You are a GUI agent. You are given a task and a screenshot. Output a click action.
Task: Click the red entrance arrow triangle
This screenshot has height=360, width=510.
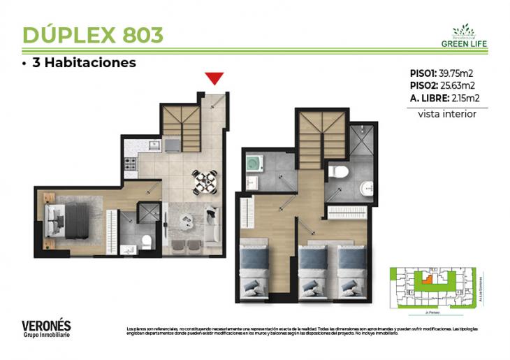pyautogui.click(x=214, y=78)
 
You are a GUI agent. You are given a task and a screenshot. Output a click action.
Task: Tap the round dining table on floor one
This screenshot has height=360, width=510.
pyautogui.click(x=205, y=182)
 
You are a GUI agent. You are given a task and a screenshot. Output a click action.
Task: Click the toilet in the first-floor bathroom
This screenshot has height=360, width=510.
pyautogui.click(x=146, y=242)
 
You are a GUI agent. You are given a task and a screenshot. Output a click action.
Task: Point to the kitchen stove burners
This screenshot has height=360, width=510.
pyautogui.click(x=129, y=166)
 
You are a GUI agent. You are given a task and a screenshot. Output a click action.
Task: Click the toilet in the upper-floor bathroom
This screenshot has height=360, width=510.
pyautogui.click(x=338, y=172)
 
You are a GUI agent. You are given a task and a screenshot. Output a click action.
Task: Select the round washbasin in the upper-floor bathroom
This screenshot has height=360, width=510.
pyautogui.click(x=366, y=187)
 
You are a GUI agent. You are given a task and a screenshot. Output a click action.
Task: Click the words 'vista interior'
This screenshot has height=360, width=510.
pyautogui.click(x=447, y=114)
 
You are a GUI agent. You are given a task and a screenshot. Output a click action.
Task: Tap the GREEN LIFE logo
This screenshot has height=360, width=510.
pyautogui.click(x=464, y=36)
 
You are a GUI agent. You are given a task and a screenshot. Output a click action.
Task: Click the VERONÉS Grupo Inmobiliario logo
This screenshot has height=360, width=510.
pyautogui.click(x=46, y=328)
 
